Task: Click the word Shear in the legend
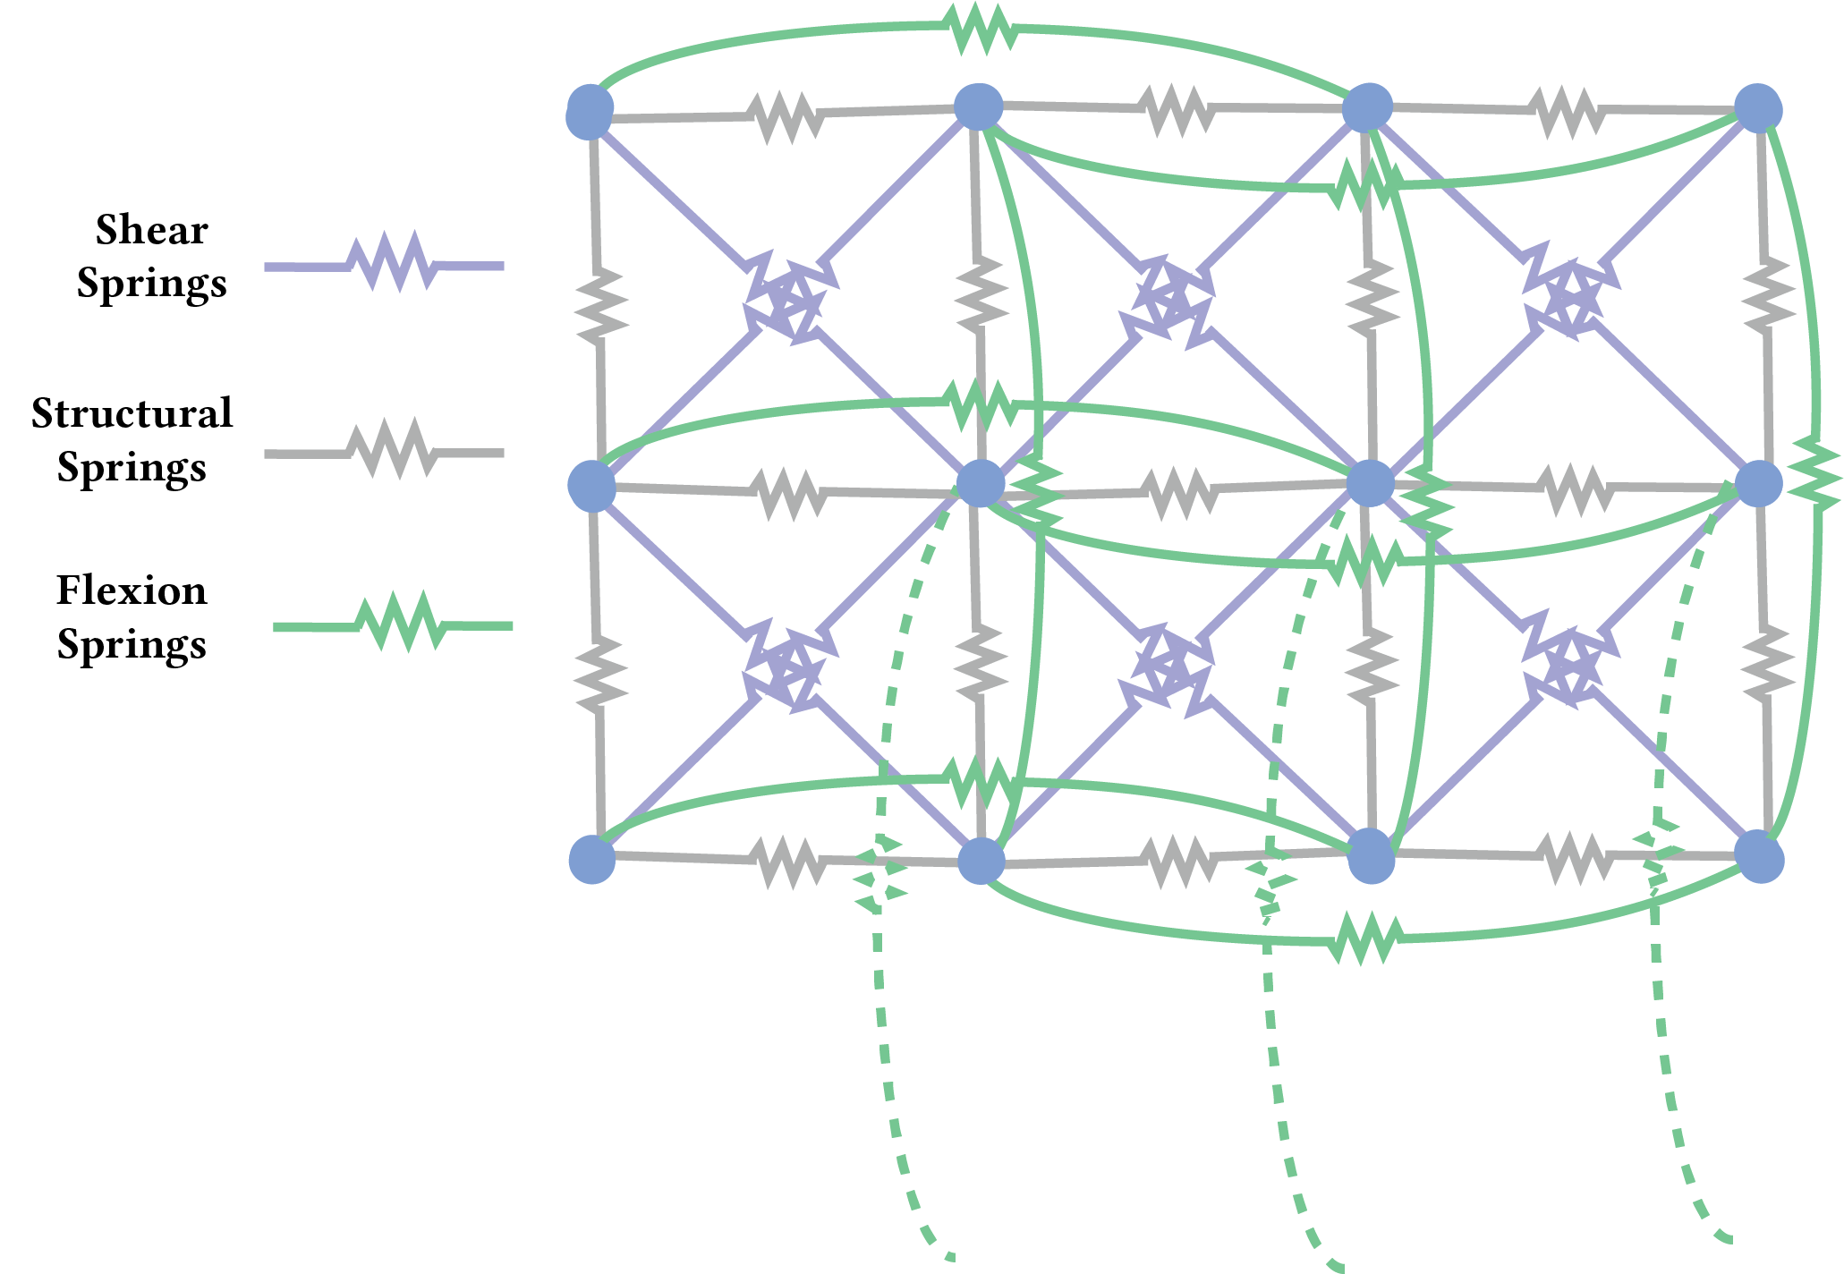[151, 230]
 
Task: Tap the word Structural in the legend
[132, 413]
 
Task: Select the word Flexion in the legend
[132, 590]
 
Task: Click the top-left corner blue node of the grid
[591, 113]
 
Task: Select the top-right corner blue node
[1758, 108]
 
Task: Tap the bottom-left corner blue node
[592, 859]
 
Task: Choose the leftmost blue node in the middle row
[592, 487]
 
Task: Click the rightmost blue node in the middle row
[1759, 484]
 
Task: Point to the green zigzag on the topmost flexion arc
[981, 28]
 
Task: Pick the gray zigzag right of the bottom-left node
[789, 862]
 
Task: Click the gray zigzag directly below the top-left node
[599, 305]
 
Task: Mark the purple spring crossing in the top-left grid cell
[785, 298]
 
